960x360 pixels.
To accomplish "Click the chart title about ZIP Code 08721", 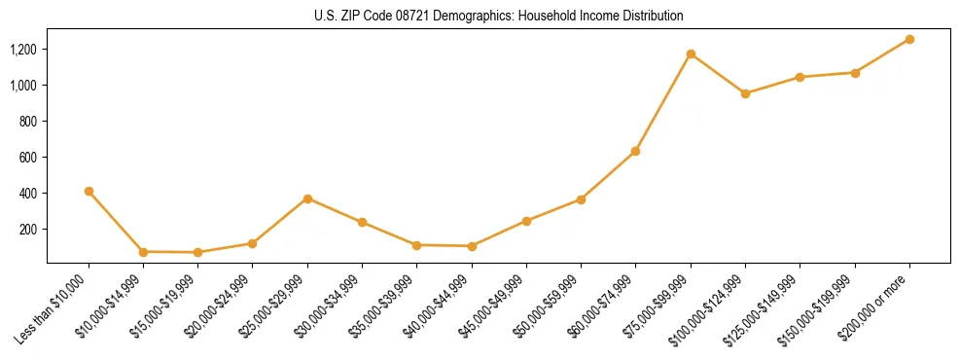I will [499, 16].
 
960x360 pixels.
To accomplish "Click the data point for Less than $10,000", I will [89, 192].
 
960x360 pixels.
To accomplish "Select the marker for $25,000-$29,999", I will [307, 198].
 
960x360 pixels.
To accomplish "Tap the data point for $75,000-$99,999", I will [691, 54].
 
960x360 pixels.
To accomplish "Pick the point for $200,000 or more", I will [909, 39].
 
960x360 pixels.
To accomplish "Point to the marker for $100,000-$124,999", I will [745, 93].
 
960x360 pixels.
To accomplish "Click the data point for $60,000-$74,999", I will [635, 151].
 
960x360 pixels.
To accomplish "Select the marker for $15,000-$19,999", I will [197, 252].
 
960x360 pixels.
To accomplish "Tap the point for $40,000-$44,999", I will [472, 246].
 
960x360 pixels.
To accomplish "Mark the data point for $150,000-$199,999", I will [855, 73].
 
